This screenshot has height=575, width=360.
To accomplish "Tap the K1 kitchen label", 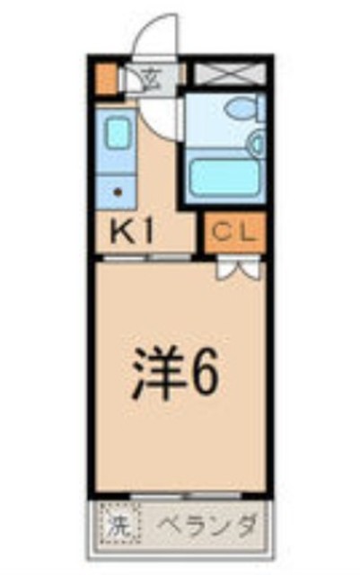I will pos(133,232).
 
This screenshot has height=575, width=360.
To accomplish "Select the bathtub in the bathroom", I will pos(224,176).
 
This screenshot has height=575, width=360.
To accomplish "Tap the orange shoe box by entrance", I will pos(108,77).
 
